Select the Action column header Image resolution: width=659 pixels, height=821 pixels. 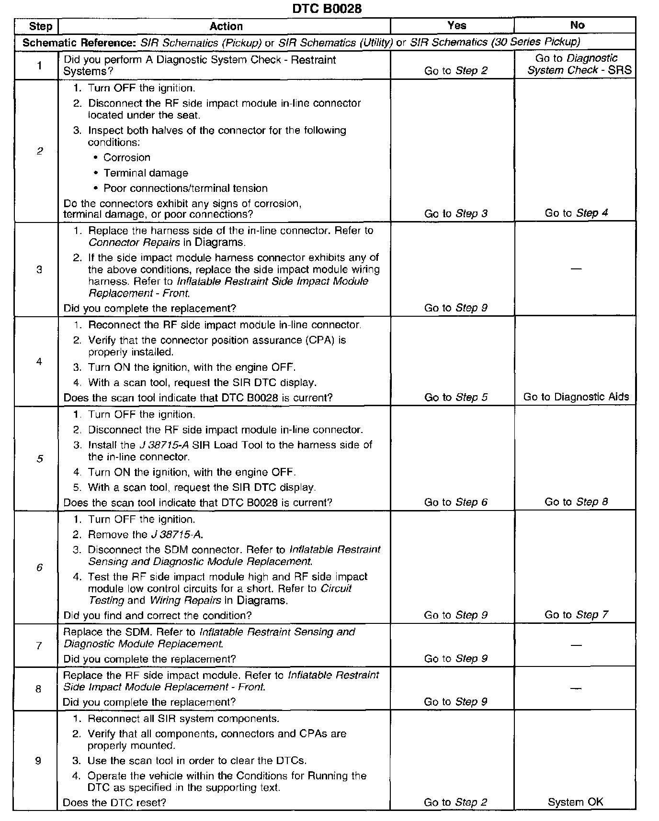(226, 26)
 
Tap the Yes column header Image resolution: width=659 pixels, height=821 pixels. (456, 25)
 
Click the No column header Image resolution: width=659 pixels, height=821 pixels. (577, 25)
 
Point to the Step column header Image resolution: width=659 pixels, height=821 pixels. (40, 26)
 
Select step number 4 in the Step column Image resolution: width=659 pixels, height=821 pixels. (39, 361)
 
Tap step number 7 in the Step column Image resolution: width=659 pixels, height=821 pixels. (39, 645)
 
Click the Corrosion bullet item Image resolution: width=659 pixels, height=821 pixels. (126, 157)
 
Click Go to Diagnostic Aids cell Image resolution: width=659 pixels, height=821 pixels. (576, 397)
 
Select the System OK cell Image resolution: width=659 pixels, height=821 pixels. (575, 802)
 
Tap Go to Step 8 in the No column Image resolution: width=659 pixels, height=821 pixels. (576, 502)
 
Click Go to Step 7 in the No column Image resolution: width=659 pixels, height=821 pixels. (576, 615)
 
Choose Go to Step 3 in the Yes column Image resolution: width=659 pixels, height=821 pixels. (455, 213)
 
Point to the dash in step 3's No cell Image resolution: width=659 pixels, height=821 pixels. (576, 269)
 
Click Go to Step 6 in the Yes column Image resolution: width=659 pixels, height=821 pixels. (455, 502)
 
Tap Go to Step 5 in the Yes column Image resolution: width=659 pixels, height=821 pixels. (455, 397)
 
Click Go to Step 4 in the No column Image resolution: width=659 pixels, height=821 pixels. (576, 213)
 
